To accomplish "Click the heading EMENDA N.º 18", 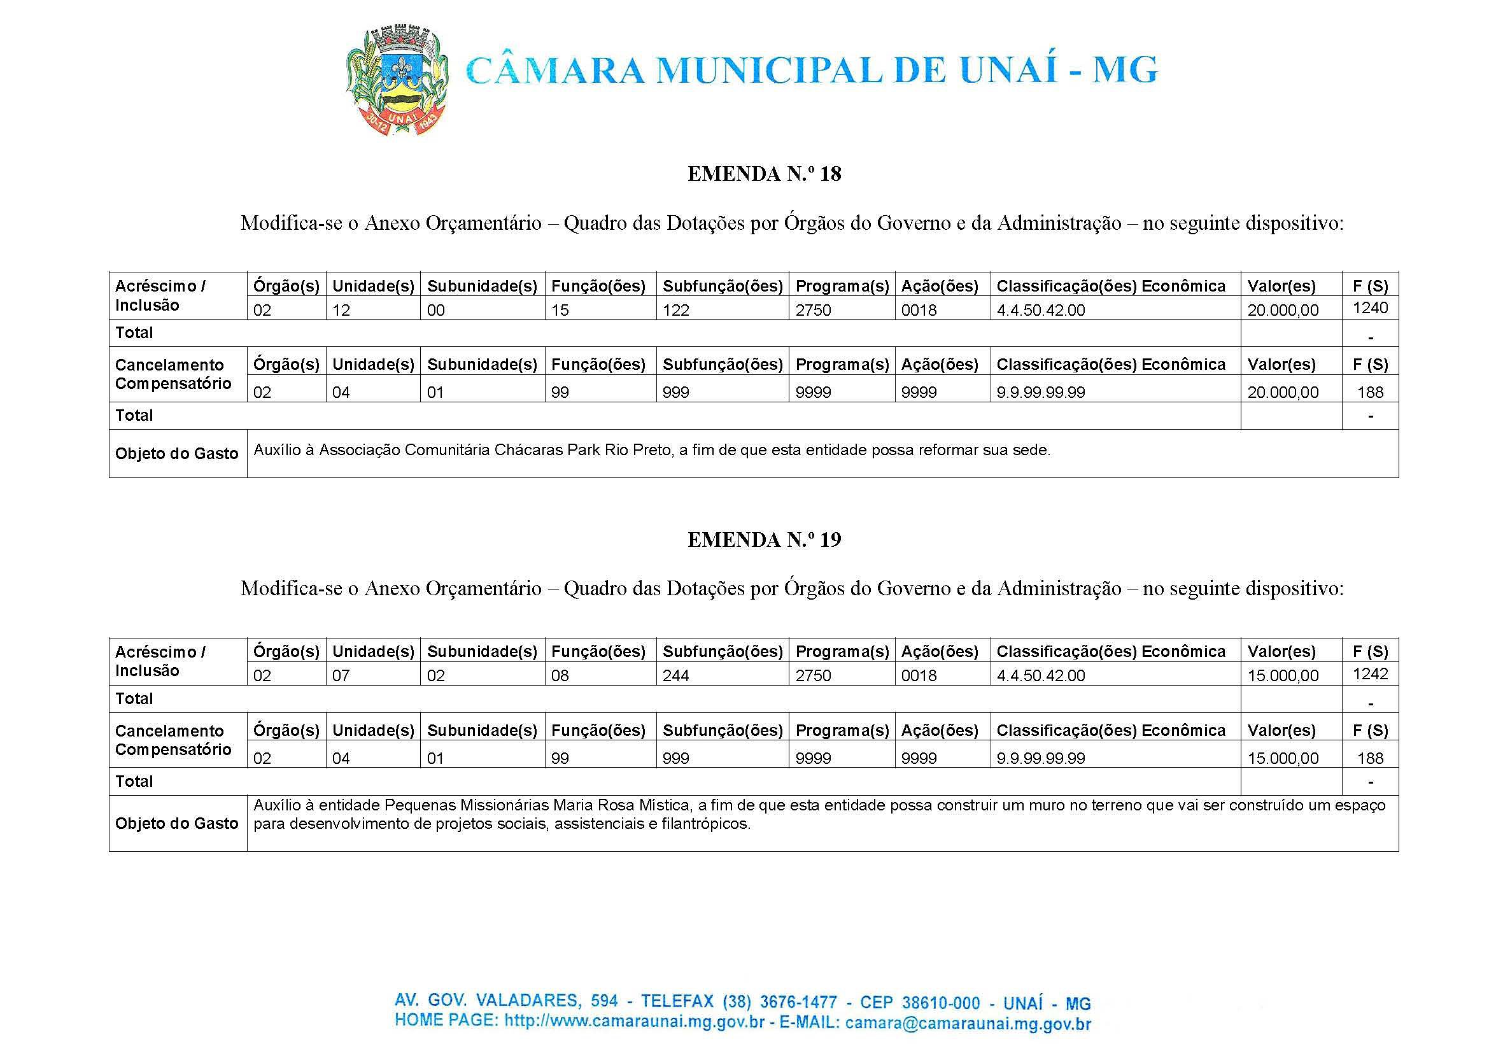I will point(764,174).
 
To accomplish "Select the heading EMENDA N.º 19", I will point(764,539).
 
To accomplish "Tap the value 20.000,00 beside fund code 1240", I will point(1283,310).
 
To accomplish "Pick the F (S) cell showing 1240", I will point(1370,307).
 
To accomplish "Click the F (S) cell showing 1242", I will point(1370,674).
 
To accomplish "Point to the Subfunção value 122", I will point(676,310).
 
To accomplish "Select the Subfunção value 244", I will point(676,676).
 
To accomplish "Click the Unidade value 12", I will point(341,310).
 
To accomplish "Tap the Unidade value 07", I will point(341,676).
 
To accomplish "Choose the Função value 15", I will point(560,310).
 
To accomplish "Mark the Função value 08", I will point(560,676).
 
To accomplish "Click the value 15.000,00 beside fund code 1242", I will point(1283,676).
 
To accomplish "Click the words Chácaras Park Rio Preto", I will point(583,450).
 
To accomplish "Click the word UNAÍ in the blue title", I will point(1008,71).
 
